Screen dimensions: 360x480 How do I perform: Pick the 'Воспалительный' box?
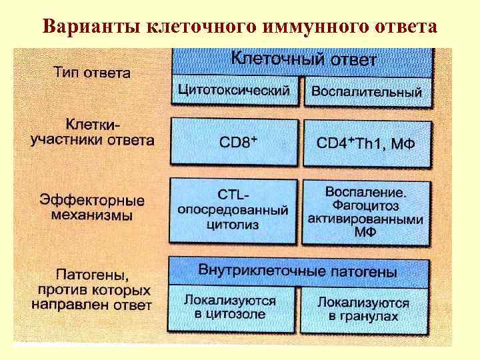pos(367,92)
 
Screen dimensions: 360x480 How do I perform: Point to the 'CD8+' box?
pos(234,142)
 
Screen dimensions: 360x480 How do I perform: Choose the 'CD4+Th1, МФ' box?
pos(366,142)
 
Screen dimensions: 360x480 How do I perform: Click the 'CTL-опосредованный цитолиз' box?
pos(233,210)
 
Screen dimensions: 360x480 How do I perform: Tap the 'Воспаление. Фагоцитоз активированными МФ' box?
pos(366,211)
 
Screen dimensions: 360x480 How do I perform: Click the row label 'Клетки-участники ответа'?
pos(93,132)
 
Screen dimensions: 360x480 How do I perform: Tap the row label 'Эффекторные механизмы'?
pos(92,207)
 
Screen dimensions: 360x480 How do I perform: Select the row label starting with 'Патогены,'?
pos(92,289)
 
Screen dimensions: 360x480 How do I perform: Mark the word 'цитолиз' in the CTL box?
pos(233,225)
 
